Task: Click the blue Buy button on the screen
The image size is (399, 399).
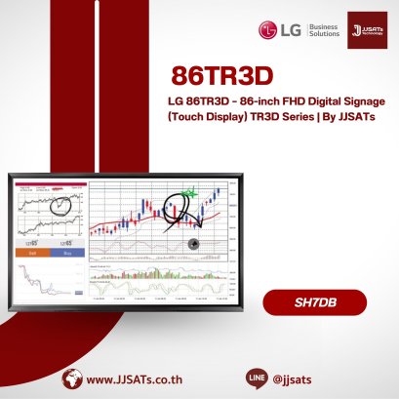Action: point(66,253)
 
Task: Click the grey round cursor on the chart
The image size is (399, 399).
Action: point(193,245)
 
